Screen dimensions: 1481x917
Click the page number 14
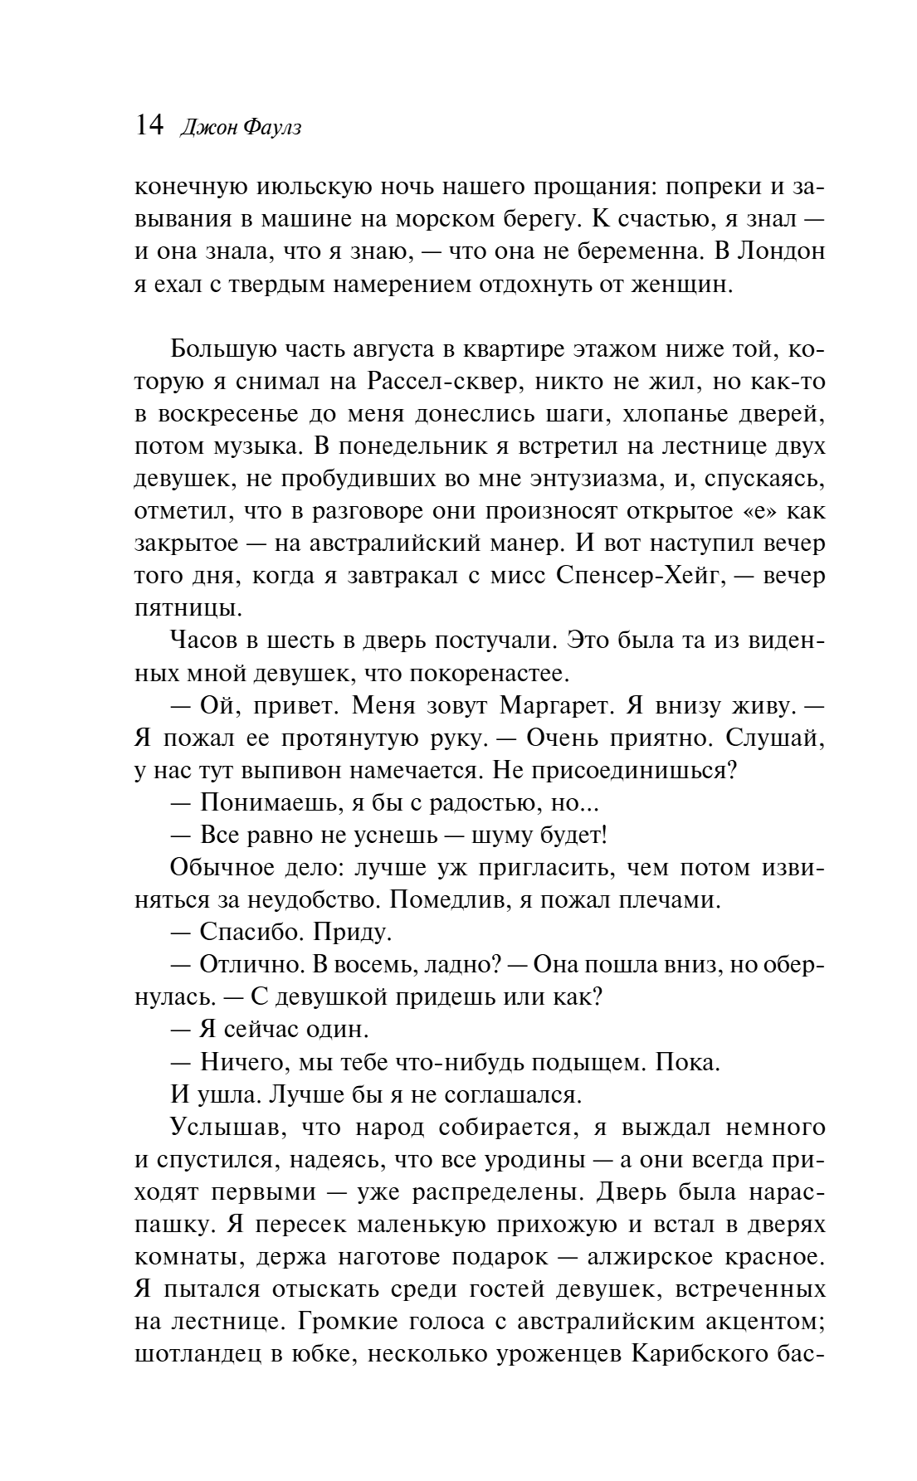149,126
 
